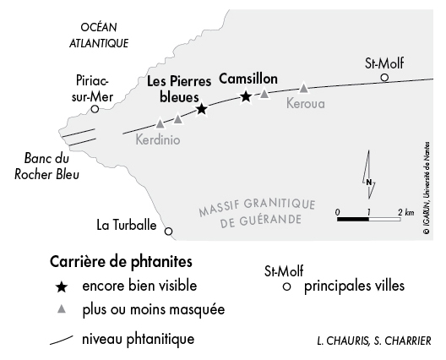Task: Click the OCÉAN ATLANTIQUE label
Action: (99, 35)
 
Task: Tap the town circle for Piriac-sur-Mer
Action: (95, 109)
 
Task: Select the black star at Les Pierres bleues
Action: (201, 109)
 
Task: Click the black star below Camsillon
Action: (246, 96)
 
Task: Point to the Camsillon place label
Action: (248, 79)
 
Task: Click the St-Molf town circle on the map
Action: (384, 77)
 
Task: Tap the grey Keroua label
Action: (306, 104)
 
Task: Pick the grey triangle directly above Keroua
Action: (304, 88)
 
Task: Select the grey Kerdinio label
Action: (158, 140)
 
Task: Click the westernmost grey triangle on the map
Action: (160, 123)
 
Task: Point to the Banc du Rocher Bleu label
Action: (46, 166)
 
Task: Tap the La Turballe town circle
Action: (169, 232)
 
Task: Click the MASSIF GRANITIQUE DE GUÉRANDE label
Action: (257, 214)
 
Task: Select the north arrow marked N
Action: (369, 174)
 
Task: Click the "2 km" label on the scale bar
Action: (406, 212)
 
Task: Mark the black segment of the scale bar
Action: (353, 219)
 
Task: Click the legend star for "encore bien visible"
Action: (62, 286)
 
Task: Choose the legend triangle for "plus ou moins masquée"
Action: (62, 309)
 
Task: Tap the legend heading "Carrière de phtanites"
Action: (121, 262)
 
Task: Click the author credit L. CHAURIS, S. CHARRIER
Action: (374, 341)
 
